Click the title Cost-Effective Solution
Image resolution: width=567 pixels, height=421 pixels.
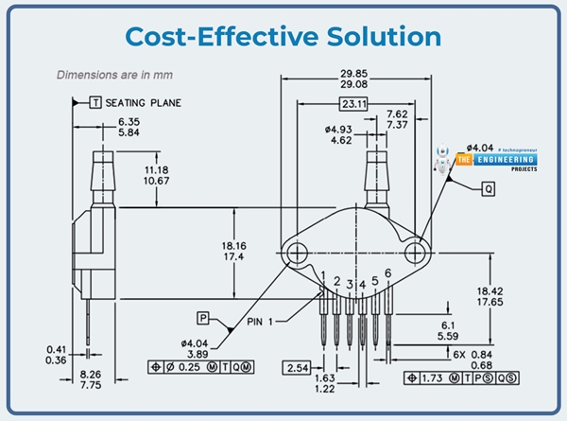pyautogui.click(x=283, y=36)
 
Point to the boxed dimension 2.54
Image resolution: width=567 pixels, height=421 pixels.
pyautogui.click(x=297, y=366)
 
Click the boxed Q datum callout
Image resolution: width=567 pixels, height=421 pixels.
pyautogui.click(x=489, y=188)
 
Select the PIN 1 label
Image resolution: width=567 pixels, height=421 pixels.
pyautogui.click(x=266, y=322)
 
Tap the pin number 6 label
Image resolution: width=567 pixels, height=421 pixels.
pyautogui.click(x=387, y=274)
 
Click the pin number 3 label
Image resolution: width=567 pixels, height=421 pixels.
pyautogui.click(x=350, y=284)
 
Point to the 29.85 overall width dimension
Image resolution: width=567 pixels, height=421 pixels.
pyautogui.click(x=354, y=76)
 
